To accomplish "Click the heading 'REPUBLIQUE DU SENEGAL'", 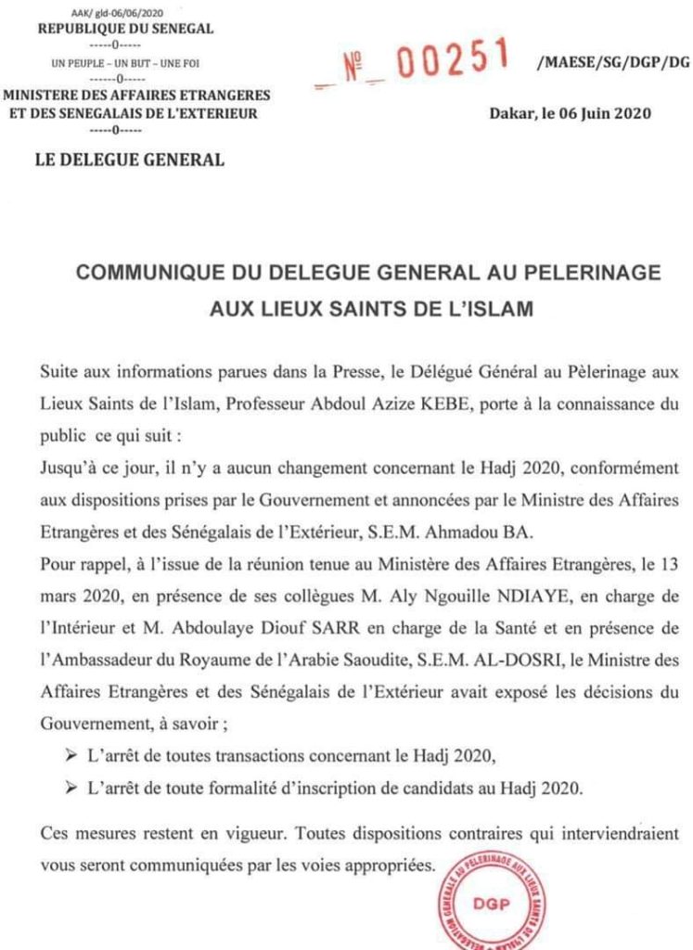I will click(x=125, y=29).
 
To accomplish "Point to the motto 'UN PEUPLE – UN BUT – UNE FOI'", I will click(x=125, y=64).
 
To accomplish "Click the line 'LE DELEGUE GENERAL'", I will click(x=129, y=160).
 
